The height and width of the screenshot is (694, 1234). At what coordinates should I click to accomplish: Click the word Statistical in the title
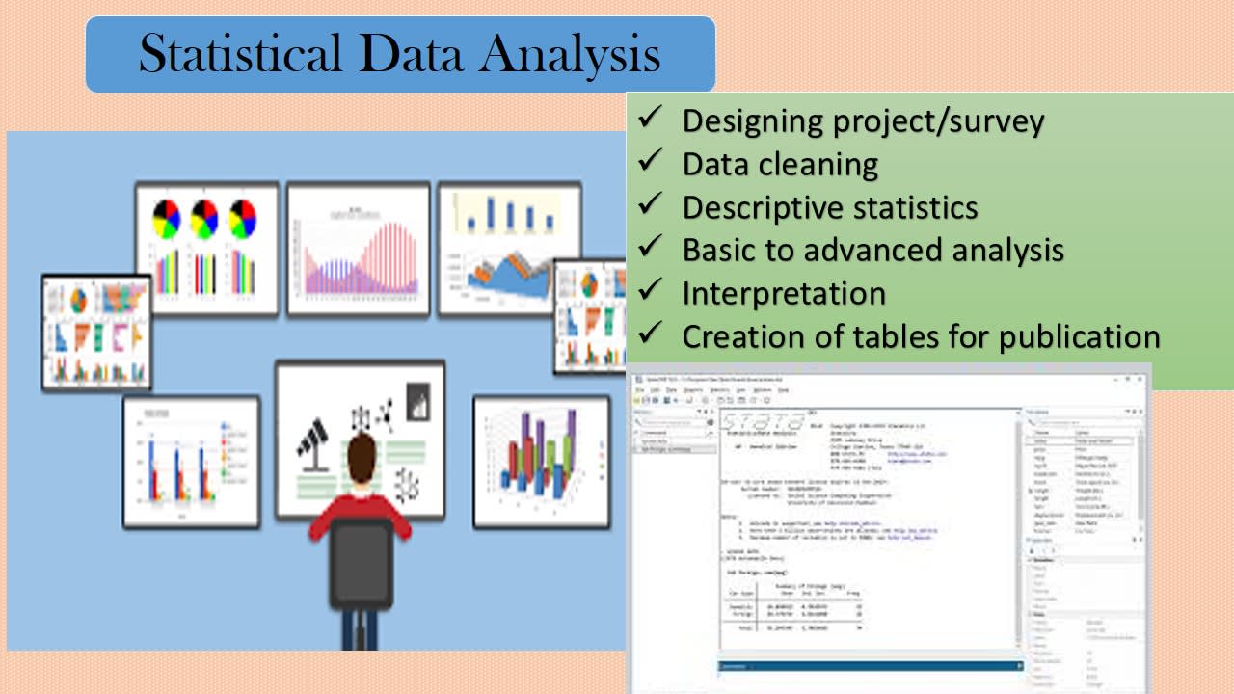click(x=241, y=54)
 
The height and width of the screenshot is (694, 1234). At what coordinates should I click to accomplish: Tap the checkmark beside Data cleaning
click(x=650, y=162)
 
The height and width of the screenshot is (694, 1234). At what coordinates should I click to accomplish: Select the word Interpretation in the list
click(x=783, y=293)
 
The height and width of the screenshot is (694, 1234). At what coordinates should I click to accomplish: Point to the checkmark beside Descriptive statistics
click(x=650, y=205)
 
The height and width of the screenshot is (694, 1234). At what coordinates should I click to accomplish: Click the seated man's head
click(x=362, y=454)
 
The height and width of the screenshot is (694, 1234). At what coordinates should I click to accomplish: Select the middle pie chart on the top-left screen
click(x=204, y=219)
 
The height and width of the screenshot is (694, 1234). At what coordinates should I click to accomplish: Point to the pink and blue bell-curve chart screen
click(x=358, y=249)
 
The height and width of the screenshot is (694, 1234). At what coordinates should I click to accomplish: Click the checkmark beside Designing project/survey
click(x=650, y=119)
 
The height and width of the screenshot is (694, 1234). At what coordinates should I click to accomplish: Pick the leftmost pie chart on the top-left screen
click(x=167, y=219)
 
